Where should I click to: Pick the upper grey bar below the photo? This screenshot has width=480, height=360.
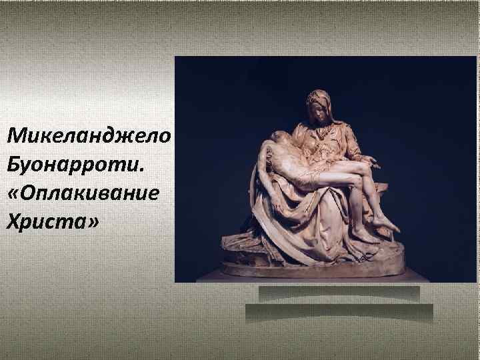(x=339, y=292)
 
